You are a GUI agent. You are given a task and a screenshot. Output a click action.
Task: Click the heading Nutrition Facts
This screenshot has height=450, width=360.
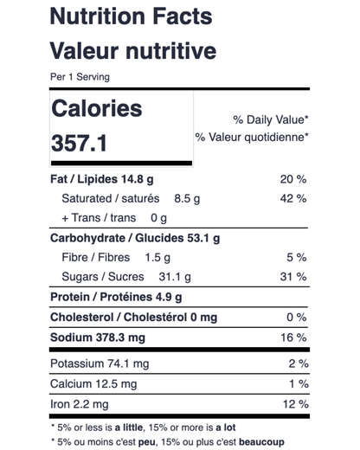click(x=132, y=16)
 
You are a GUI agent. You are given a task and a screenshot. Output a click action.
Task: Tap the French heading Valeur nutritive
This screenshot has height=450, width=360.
click(x=133, y=51)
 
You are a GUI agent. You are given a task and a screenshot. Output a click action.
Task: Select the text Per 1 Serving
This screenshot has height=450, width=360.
click(x=80, y=77)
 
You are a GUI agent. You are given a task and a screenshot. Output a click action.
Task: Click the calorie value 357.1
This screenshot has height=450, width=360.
click(x=79, y=143)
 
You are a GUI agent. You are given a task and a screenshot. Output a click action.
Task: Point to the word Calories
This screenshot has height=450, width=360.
click(x=97, y=108)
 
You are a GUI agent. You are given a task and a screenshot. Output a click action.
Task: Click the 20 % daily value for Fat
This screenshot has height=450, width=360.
click(x=293, y=179)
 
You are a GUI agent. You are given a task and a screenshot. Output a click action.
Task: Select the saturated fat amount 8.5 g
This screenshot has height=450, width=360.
click(x=187, y=199)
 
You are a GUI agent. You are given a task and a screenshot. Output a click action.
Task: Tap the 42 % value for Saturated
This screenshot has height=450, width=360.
click(x=293, y=198)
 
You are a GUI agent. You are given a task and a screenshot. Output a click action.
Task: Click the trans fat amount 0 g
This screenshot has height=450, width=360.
click(x=158, y=218)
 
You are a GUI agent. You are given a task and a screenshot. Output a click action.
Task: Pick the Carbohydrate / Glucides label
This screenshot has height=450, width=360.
click(x=117, y=238)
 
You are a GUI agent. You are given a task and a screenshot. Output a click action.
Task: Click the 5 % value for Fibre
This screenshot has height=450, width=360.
click(x=297, y=257)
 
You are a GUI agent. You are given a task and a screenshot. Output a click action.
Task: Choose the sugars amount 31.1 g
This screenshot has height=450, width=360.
click(x=175, y=277)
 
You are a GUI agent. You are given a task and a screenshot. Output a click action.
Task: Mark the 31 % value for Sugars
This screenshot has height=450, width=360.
click(x=293, y=277)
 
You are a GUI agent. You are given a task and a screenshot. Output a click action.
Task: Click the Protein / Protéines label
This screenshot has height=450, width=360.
click(x=101, y=297)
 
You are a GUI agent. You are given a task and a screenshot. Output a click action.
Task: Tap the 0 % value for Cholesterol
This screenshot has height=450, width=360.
click(x=297, y=318)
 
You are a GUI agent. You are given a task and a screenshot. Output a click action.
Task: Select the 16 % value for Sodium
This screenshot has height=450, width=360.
click(x=293, y=337)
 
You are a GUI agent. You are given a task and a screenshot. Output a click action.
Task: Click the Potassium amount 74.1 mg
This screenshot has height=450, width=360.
click(x=128, y=363)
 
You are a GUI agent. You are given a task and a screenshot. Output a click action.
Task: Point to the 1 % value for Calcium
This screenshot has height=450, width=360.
click(x=299, y=384)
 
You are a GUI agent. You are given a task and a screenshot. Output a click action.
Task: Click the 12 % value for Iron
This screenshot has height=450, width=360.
click(x=296, y=404)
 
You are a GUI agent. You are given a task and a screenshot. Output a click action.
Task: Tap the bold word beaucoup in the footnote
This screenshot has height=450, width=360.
click(x=261, y=442)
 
